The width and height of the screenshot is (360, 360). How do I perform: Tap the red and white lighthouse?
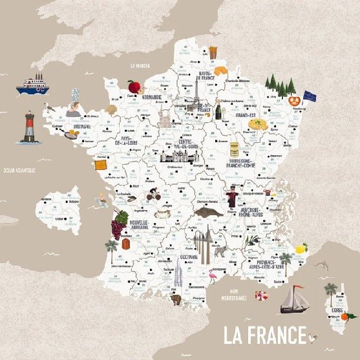pyautogui.click(x=29, y=126)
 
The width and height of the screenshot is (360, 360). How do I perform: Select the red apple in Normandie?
pyautogui.click(x=134, y=86)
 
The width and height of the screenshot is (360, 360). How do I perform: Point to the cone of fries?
pyautogui.click(x=212, y=52)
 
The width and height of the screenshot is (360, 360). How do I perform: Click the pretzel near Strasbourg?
pyautogui.click(x=295, y=101)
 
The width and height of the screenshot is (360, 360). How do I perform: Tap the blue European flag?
pyautogui.click(x=310, y=96)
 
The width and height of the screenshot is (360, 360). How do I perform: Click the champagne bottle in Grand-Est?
pyautogui.click(x=218, y=112)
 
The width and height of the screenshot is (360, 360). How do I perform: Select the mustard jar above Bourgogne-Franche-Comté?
pyautogui.click(x=234, y=149)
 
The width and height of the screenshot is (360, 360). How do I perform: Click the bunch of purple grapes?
pyautogui.click(x=118, y=226)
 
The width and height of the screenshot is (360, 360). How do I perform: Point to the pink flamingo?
pyautogui.click(x=211, y=277)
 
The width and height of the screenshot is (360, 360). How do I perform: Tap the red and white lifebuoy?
pyautogui.click(x=261, y=295)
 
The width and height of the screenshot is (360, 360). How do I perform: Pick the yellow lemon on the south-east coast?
pyautogui.click(x=301, y=248)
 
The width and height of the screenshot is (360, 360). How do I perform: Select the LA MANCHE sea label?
pyautogui.click(x=140, y=65)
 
